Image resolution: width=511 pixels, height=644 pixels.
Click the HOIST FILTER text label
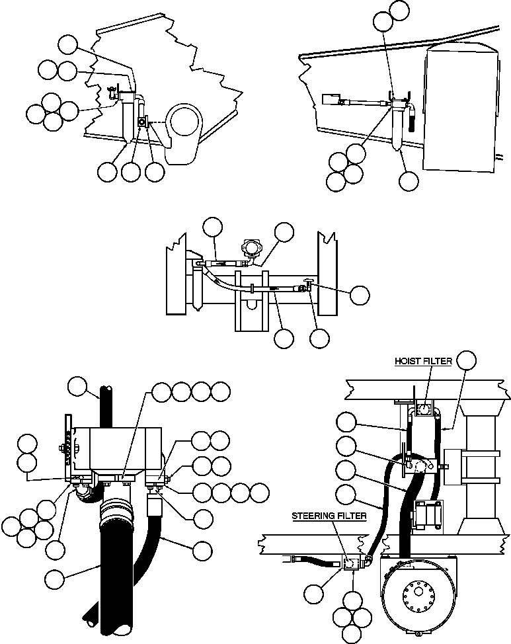[x=423, y=361]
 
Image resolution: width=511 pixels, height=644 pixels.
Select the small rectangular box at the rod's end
[x=330, y=101]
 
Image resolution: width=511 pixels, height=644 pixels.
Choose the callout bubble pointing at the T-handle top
[x=360, y=295]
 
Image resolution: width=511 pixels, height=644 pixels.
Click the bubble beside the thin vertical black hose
[x=78, y=385]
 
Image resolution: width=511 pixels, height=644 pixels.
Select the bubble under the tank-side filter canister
[x=409, y=181]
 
